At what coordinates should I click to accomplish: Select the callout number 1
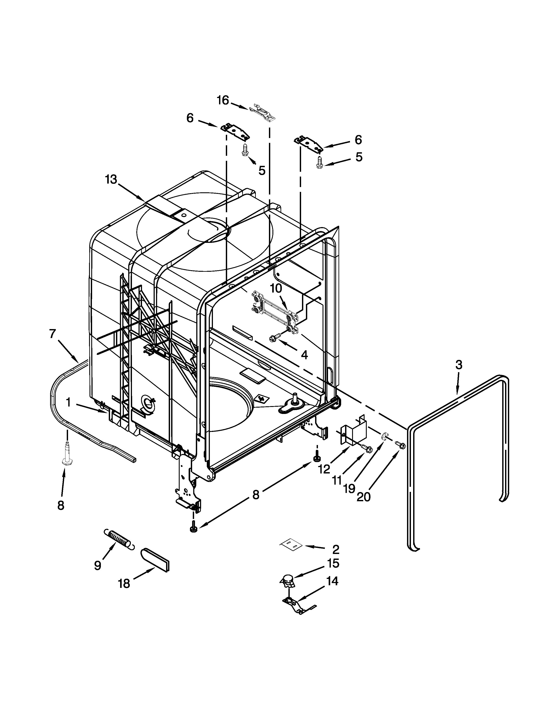68,402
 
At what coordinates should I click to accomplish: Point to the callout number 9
98,565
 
